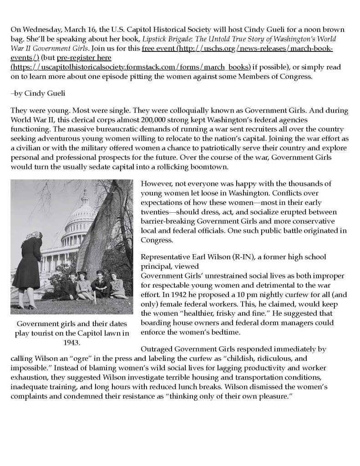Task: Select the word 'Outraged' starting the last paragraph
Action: tap(157, 349)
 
